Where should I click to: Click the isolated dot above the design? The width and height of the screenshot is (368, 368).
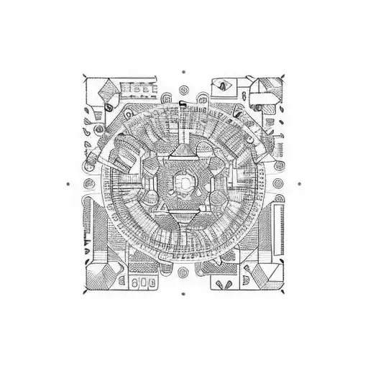point(184,72)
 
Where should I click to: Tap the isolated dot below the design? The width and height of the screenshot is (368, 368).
point(184,294)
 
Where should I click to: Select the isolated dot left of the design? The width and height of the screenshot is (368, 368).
point(68,183)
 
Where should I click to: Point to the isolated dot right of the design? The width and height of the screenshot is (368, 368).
point(299,183)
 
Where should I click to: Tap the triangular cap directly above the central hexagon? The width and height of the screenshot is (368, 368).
point(184,150)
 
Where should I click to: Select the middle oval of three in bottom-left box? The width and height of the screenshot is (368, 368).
point(144,282)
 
